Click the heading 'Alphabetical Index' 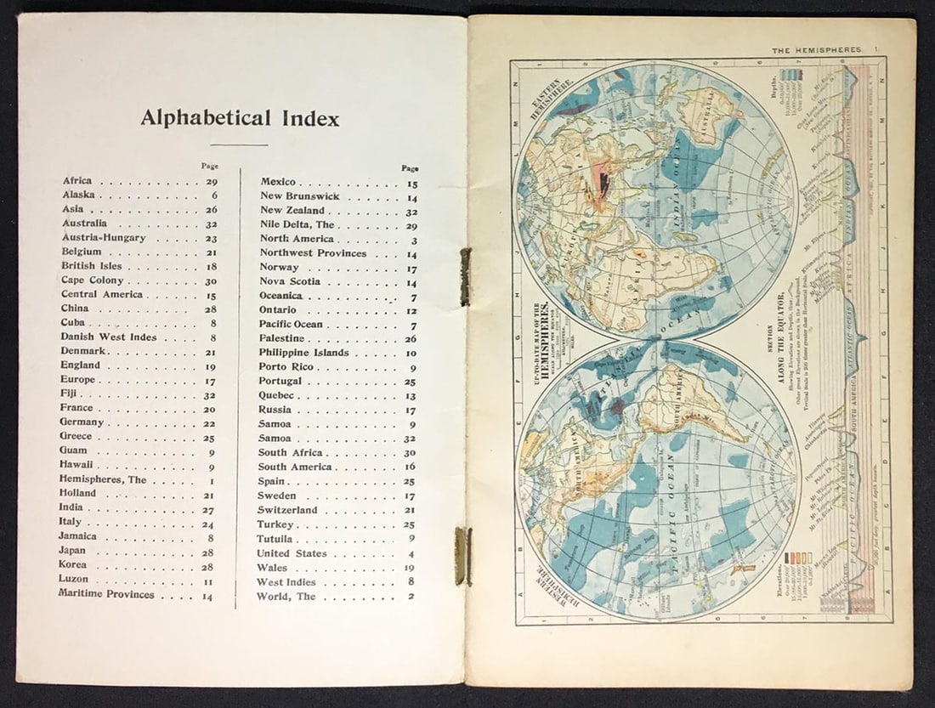pyautogui.click(x=240, y=118)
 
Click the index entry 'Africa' pyautogui.click(x=77, y=181)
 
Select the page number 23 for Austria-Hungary pyautogui.click(x=210, y=238)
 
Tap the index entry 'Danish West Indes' pyautogui.click(x=109, y=337)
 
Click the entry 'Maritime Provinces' pyautogui.click(x=106, y=594)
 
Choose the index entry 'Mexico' pyautogui.click(x=278, y=182)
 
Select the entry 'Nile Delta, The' pyautogui.click(x=297, y=224)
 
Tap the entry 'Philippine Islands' pyautogui.click(x=303, y=353)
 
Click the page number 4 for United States pyautogui.click(x=412, y=554)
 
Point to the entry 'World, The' pyautogui.click(x=286, y=597)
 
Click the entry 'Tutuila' pyautogui.click(x=275, y=539)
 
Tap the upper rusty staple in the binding pyautogui.click(x=465, y=276)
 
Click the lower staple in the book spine pyautogui.click(x=462, y=556)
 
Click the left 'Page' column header pyautogui.click(x=210, y=166)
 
